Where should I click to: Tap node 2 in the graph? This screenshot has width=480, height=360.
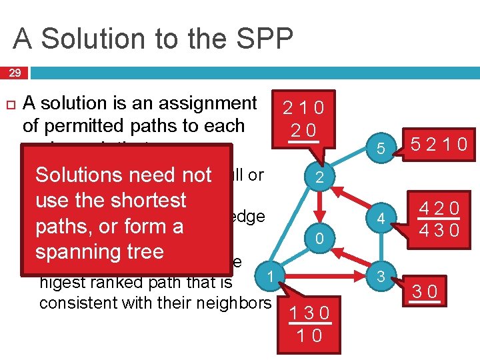pos(319,178)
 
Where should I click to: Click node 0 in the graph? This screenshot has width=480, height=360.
pos(319,238)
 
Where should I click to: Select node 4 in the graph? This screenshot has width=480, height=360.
pos(379,218)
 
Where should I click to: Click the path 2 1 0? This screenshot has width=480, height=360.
pos(303,107)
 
